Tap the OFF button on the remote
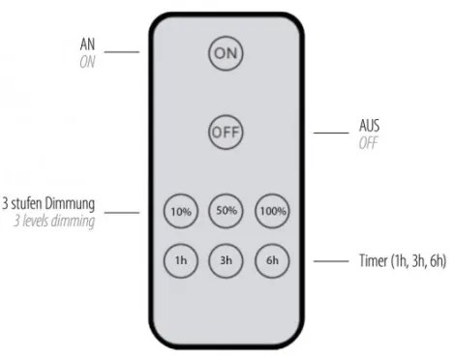(x=226, y=131)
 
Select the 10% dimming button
(x=179, y=210)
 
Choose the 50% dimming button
(x=226, y=210)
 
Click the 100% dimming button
(x=272, y=210)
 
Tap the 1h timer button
(x=179, y=259)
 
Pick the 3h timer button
(x=226, y=259)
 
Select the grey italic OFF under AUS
(x=368, y=143)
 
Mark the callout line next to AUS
(x=330, y=135)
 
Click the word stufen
(x=31, y=205)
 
